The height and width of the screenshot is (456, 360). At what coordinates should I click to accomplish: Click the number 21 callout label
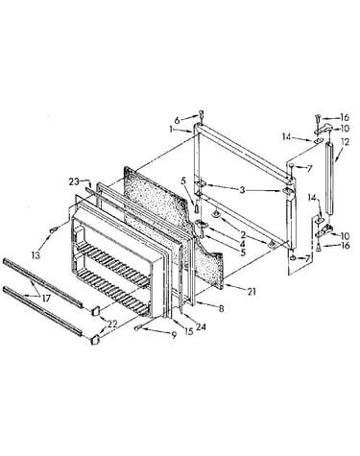click(252, 292)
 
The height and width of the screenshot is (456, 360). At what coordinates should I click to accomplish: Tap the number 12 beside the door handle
click(346, 141)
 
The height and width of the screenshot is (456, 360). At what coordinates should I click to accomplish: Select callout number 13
click(36, 255)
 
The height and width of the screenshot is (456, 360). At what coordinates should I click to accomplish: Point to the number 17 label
click(46, 299)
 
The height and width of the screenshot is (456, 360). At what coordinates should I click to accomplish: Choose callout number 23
click(74, 181)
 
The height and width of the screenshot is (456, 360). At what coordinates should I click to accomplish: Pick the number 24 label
click(202, 326)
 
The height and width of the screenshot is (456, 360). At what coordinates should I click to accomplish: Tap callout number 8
click(221, 309)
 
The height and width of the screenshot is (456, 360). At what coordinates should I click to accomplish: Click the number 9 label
click(174, 335)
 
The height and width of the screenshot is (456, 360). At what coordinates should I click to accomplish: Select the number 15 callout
click(188, 331)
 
